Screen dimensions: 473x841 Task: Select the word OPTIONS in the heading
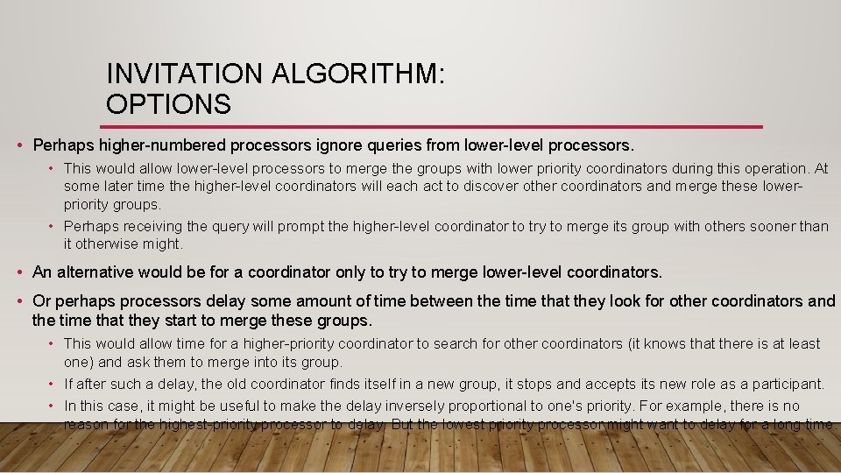[168, 104]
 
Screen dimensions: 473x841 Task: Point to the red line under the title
[434, 127]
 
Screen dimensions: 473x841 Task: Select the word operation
[774, 168]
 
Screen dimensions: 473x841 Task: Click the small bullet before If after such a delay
[53, 384]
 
